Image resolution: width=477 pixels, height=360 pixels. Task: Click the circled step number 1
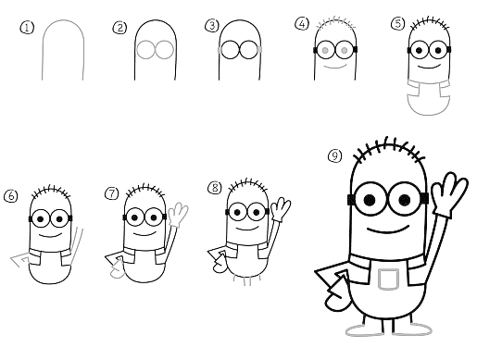coord(27,28)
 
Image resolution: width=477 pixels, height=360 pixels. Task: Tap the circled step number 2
coord(119,28)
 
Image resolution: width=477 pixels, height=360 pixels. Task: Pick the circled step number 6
coord(11,195)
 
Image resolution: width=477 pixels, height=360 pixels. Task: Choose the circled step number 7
coord(112,193)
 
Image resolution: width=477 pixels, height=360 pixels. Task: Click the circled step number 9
coord(334,155)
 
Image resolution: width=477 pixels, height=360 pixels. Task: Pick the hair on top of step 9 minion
coord(386,149)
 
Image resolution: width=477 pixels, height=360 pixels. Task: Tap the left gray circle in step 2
coord(145,49)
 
